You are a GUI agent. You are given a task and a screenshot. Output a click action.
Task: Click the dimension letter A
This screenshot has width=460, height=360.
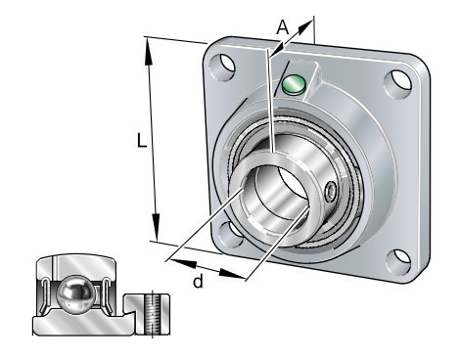coord(283,27)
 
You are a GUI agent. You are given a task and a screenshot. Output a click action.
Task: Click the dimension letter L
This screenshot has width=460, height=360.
coord(142,141)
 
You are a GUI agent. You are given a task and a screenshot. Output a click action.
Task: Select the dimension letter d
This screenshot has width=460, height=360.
coord(198,281)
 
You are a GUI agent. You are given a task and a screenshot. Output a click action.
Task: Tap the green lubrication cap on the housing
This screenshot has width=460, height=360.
coord(294,85)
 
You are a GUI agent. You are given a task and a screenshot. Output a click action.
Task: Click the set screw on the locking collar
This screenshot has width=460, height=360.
coord(331,191)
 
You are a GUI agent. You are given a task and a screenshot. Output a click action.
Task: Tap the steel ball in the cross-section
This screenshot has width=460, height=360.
coord(75,295)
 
